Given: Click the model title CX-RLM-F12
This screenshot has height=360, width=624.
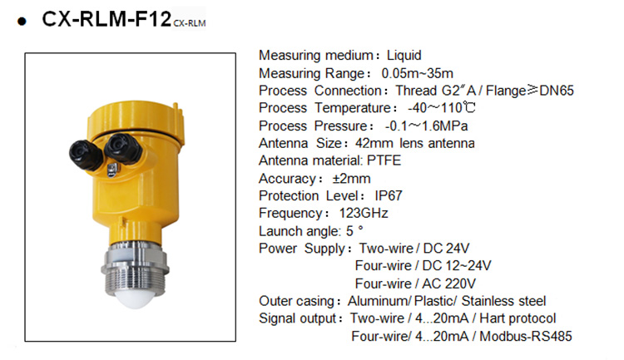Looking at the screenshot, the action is coord(106,19).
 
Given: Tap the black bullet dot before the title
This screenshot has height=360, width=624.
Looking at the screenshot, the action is coord(22,21).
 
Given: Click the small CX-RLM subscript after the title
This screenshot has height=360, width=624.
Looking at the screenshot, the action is coord(190,23).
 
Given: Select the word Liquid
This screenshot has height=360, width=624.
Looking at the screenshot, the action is coord(404,56).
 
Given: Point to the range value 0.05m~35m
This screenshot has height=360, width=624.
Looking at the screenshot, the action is coord(417,73).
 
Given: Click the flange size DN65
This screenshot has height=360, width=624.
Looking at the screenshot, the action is coord(557,91).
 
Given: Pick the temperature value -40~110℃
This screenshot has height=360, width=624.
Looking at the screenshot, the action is coord(442,108).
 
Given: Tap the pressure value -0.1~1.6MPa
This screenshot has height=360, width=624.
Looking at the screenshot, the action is coord(426,126).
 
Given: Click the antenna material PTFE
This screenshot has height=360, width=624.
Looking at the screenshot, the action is coord(384,160).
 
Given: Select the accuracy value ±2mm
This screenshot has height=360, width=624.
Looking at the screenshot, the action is coord(351,179).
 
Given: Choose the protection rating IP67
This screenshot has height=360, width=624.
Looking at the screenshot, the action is coord(389,195).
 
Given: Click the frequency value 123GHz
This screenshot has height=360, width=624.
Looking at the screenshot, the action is coord(364,213).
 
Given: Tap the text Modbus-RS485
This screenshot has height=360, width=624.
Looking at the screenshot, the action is coord(526,336).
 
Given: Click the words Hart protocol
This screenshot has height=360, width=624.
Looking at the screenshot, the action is coord(518,318).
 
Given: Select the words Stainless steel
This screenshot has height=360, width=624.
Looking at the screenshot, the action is coord(503,301).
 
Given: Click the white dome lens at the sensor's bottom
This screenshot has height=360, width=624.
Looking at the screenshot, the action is coord(136,298).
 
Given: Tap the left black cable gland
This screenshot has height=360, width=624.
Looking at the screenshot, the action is coord(86,155).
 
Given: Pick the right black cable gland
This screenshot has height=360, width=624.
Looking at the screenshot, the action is coord(122,148).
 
